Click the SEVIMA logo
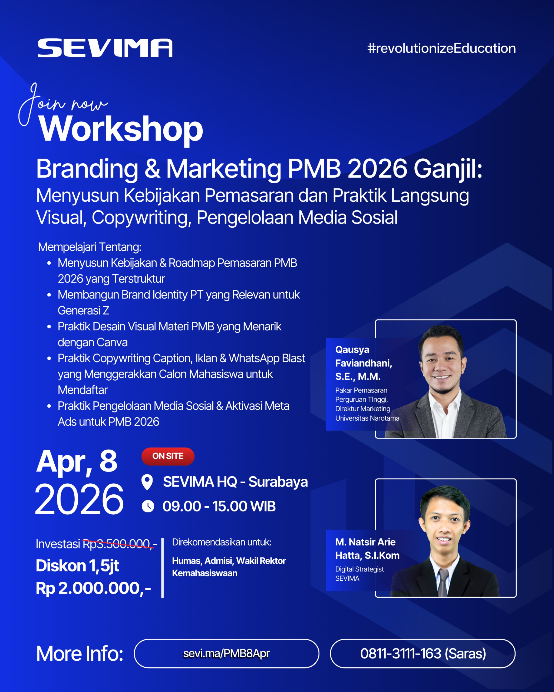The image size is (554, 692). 105,48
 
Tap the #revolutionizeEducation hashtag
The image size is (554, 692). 441,48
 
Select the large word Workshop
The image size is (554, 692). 121,129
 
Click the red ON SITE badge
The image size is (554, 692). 168,456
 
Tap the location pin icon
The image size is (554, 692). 147,482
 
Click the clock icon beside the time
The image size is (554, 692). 148,507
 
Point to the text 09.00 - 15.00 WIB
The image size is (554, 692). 219,507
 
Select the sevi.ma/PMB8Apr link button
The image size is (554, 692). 226,654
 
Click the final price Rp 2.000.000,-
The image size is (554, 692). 93,588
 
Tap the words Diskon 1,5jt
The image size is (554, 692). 77,565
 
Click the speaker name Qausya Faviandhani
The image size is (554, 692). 364,356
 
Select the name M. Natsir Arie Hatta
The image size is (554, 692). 367,548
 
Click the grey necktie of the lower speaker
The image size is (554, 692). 443,582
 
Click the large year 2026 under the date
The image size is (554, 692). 79,500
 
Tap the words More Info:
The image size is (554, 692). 80,654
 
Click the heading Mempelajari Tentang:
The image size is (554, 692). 90,247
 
